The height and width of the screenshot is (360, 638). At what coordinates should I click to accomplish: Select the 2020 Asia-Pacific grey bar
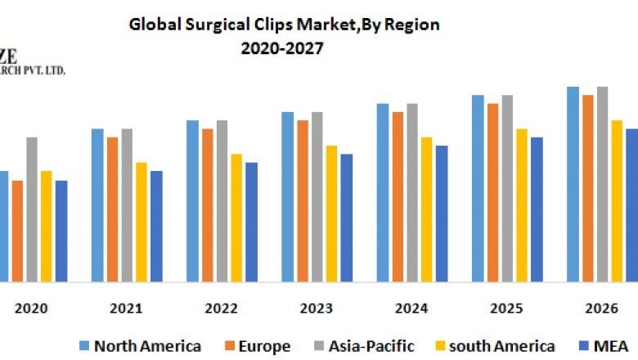point(32,209)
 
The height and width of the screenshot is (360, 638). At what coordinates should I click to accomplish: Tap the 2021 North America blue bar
point(97,205)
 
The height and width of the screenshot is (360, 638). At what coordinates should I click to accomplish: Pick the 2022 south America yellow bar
point(236,218)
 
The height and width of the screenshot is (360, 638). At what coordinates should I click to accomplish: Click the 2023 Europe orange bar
point(303,200)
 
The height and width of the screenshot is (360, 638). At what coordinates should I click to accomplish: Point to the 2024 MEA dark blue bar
point(442,213)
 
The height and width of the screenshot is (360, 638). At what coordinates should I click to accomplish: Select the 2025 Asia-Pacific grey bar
point(507,188)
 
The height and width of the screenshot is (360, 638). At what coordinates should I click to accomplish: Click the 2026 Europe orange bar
point(587,188)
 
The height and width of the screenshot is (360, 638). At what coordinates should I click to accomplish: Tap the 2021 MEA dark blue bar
point(156,226)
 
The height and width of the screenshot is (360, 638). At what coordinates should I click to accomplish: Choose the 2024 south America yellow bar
point(426,209)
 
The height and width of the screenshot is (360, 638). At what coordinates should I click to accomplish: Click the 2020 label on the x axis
point(31,308)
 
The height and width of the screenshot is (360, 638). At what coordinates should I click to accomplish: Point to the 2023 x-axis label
point(317,308)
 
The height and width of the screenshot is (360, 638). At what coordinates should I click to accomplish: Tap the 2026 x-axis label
point(601,308)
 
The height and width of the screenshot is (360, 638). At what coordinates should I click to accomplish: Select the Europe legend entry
point(263,346)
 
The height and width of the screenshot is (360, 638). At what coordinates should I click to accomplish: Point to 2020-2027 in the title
point(283,48)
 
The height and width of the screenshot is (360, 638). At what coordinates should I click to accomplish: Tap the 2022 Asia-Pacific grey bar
point(222,200)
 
